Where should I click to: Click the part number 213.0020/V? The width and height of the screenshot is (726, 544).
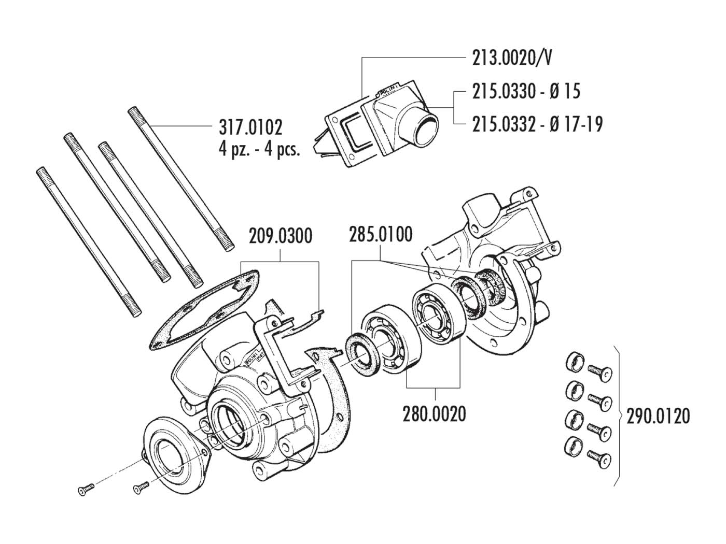[x=512, y=58]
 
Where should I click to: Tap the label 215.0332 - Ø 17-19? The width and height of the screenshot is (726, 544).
[x=537, y=124]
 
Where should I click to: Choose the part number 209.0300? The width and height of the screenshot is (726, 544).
[x=281, y=236]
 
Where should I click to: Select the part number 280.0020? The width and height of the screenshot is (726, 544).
[x=434, y=414]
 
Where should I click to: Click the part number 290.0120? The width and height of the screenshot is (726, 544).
[x=658, y=417]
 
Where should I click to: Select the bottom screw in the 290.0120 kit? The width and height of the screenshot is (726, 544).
[x=599, y=459]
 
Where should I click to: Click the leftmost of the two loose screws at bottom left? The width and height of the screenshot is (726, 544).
[x=86, y=490]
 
